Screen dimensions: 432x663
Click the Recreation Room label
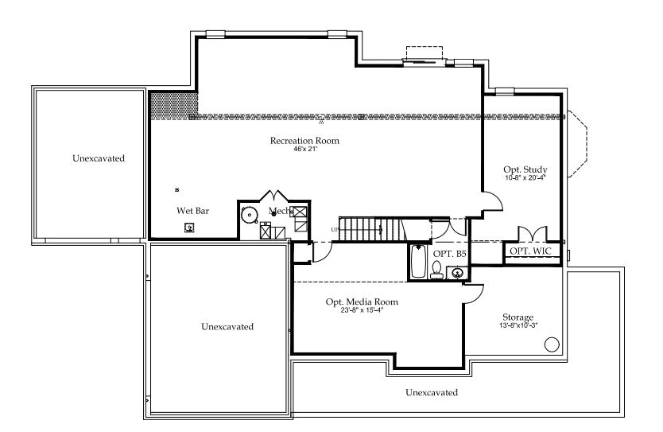click(x=304, y=141)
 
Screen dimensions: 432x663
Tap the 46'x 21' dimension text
click(x=305, y=149)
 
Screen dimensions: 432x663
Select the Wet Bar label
click(x=192, y=211)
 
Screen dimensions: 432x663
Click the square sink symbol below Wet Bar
click(x=189, y=228)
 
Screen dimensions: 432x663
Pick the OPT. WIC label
click(x=530, y=251)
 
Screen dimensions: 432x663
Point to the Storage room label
click(x=518, y=317)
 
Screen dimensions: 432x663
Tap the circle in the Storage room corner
click(x=551, y=344)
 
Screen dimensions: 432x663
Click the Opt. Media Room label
click(x=362, y=302)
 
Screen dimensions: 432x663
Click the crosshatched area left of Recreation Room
click(x=173, y=103)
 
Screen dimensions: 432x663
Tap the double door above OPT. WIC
click(x=531, y=233)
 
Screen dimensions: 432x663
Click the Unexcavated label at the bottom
click(x=432, y=392)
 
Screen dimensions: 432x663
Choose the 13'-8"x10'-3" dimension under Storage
click(x=518, y=325)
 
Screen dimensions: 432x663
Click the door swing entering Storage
click(x=472, y=293)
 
